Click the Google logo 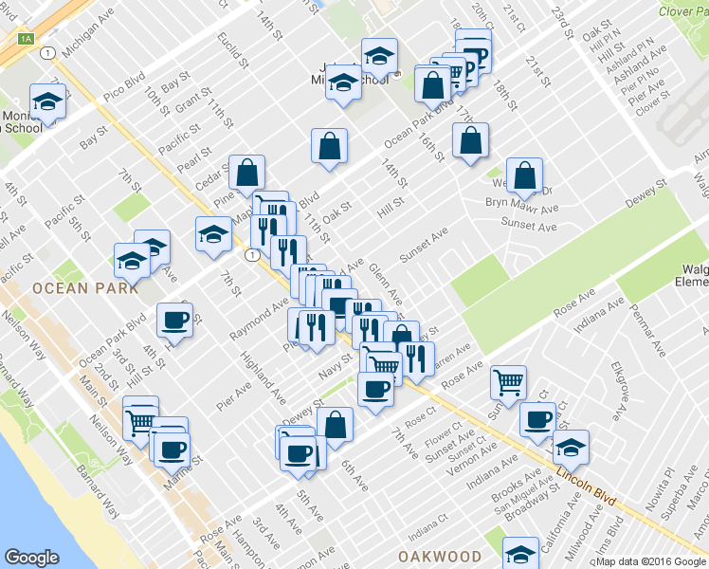32,558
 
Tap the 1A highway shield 26,39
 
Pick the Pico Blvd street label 124,83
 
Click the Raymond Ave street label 259,321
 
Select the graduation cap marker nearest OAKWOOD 520,554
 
